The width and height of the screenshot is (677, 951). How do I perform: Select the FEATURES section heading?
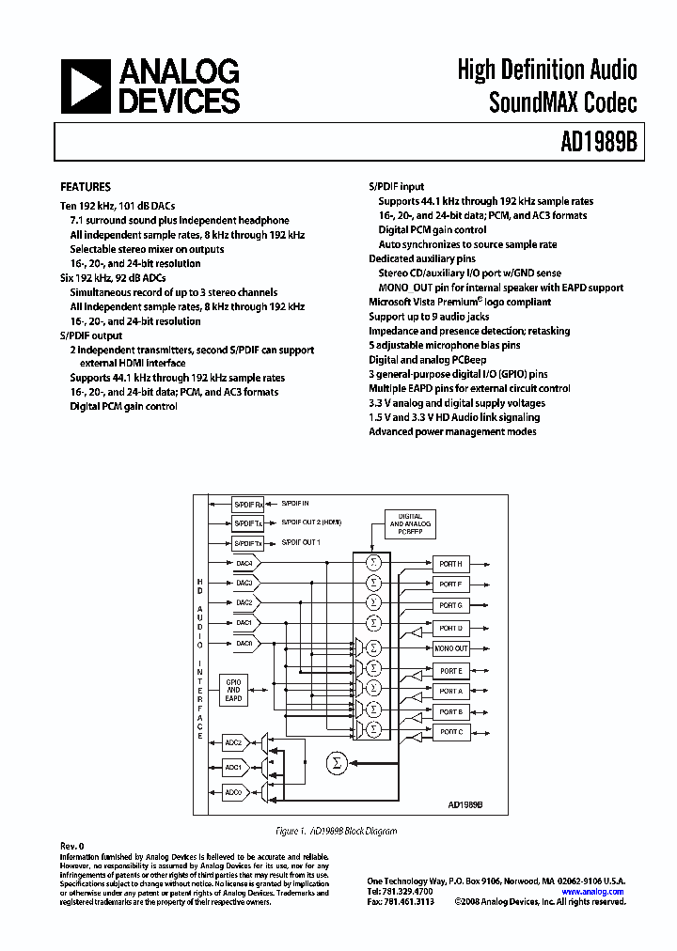(86, 187)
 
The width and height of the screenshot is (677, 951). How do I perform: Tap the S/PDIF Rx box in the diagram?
(247, 504)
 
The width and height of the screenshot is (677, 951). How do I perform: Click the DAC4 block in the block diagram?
(244, 563)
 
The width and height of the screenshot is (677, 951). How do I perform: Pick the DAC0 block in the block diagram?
(244, 643)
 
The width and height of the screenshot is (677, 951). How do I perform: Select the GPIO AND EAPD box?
(234, 691)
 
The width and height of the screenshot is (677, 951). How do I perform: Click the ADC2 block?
(234, 742)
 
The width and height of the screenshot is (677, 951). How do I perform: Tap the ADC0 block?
(234, 792)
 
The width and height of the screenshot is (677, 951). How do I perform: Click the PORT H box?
(451, 564)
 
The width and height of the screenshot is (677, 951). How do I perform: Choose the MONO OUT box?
(451, 648)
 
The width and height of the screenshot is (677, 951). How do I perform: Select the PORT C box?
(451, 731)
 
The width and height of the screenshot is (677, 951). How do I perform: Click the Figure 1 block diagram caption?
(336, 831)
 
